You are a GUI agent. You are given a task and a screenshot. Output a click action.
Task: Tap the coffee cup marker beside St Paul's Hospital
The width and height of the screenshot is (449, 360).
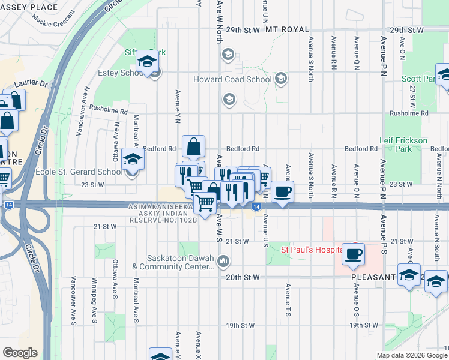point(353,253)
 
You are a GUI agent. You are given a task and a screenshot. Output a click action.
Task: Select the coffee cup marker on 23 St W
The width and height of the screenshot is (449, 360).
point(282,191)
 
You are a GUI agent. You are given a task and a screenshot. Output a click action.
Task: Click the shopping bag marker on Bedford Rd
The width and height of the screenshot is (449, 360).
point(194,146)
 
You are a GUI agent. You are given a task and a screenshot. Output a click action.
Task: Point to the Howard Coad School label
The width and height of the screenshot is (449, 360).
point(232,79)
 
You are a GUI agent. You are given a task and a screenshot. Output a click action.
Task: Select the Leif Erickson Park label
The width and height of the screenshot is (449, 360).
point(403,144)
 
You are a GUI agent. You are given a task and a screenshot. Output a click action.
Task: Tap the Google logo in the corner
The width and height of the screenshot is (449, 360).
point(20,353)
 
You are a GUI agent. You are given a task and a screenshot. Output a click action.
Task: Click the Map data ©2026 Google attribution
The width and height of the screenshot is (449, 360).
point(412,355)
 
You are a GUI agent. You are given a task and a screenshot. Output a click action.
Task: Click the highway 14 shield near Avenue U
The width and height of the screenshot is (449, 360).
point(256,207)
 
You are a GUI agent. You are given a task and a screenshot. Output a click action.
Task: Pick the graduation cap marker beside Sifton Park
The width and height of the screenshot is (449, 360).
point(146,61)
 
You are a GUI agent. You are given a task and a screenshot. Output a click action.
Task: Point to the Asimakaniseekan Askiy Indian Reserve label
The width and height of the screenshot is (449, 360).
point(162,213)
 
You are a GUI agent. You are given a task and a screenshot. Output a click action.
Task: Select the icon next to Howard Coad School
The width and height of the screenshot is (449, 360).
point(280,79)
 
